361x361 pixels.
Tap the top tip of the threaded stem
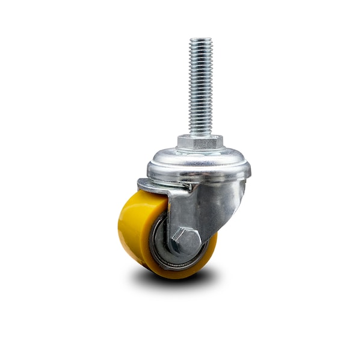click(200, 40)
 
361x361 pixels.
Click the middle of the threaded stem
click(200, 87)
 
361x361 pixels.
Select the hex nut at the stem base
click(200, 143)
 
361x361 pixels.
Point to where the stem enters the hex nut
click(200, 136)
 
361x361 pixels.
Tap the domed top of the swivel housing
click(199, 159)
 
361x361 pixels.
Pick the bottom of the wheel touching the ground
click(174, 277)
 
